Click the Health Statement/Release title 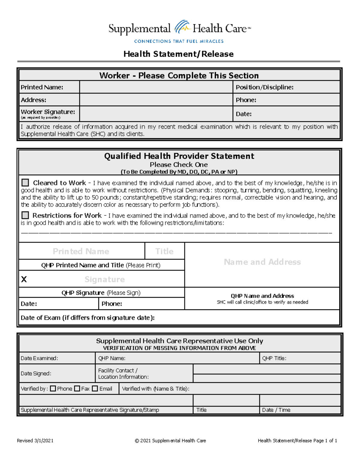178,54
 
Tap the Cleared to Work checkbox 25,183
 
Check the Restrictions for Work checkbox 25,215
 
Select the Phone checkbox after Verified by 53,389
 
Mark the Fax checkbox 77,389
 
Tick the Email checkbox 95,389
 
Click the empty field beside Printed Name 156,87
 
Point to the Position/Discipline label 264,87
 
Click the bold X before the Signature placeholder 24,279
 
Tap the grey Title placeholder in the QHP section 164,251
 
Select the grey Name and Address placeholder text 262,262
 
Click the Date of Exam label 87,318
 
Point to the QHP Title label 274,358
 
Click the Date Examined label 39,358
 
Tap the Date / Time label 276,410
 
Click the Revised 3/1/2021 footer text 35,440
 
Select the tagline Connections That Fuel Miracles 179,41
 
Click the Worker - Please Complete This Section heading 179,75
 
